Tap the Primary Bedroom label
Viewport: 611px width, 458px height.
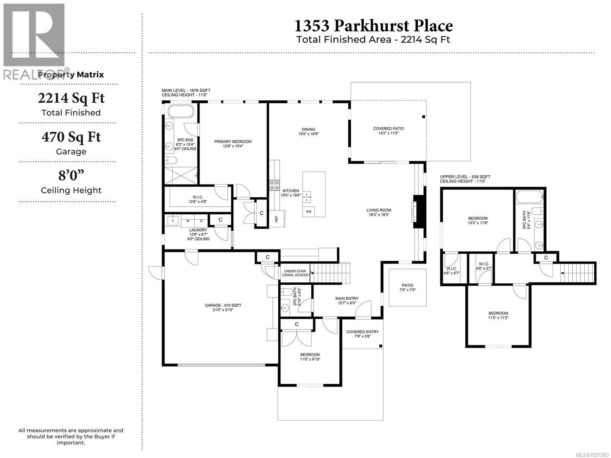(233, 142)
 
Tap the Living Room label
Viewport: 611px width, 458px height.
(379, 210)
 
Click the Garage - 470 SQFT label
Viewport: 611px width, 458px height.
(223, 305)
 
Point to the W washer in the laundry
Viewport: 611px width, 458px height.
(188, 221)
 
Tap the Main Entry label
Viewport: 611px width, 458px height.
(347, 298)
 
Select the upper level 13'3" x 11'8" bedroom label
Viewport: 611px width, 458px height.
(478, 220)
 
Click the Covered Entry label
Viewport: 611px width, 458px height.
(362, 332)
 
